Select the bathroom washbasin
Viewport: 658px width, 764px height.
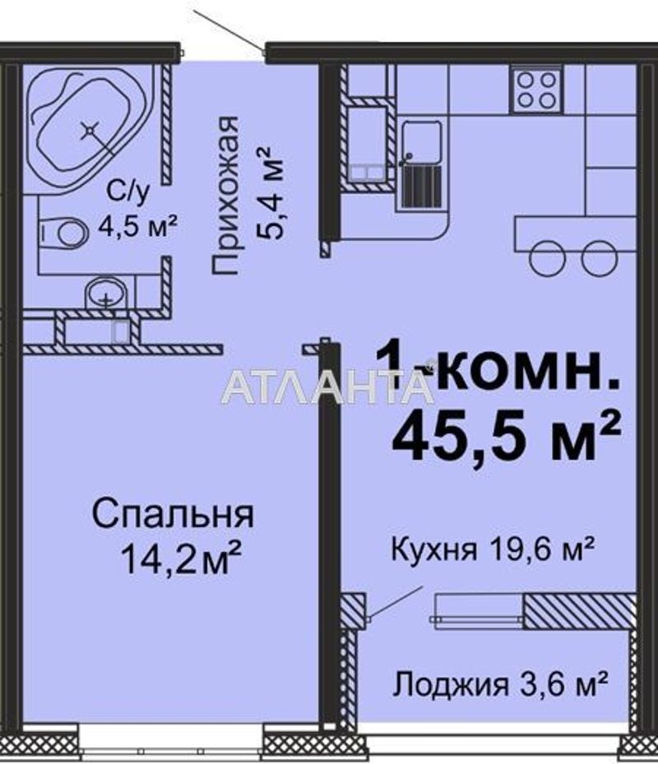coord(106,293)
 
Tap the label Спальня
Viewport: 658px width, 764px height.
coord(173,516)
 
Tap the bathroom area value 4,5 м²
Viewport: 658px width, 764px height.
coord(137,225)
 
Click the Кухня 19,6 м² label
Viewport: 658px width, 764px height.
coord(493,548)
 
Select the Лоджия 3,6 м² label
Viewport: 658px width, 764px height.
coord(501,683)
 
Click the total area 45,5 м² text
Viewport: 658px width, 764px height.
coord(505,437)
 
